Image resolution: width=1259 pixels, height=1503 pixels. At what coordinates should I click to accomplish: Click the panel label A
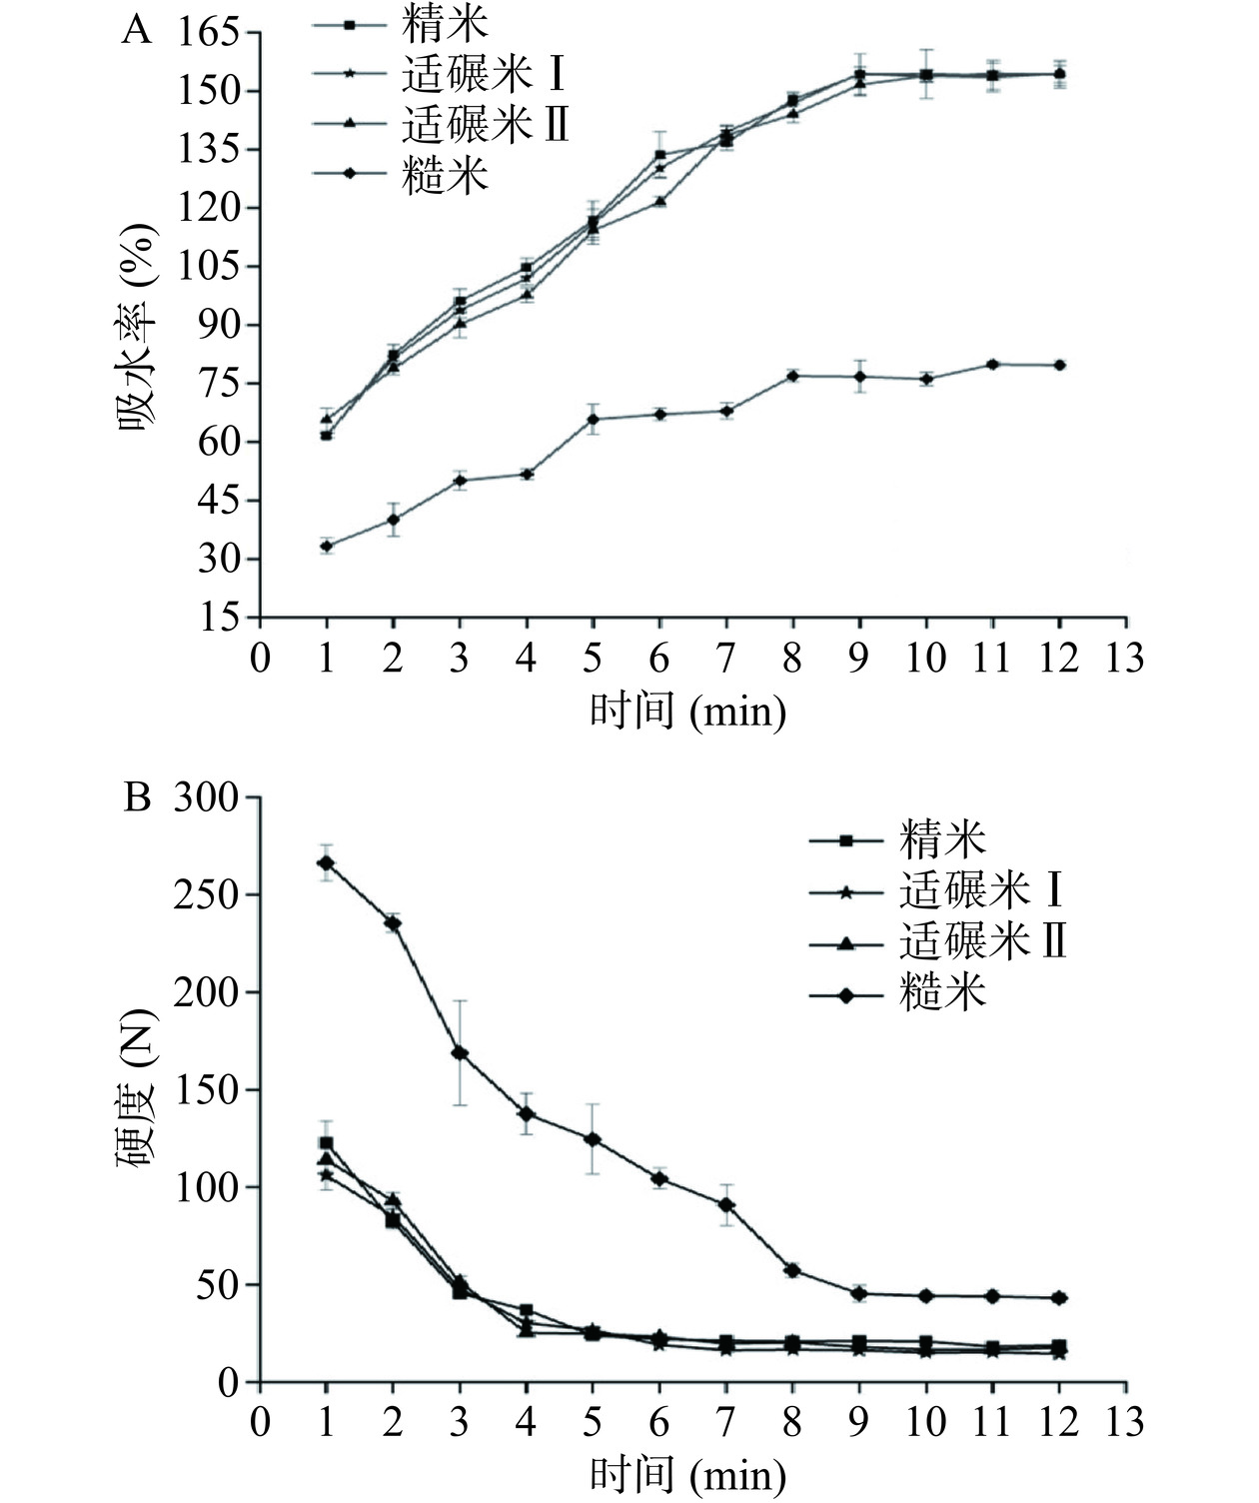point(137,32)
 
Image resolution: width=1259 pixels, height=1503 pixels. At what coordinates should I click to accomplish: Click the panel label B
point(137,798)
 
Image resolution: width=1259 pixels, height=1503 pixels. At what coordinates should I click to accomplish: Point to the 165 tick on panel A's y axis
point(211,33)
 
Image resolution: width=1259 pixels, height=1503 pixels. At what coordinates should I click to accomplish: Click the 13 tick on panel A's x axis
point(1125,660)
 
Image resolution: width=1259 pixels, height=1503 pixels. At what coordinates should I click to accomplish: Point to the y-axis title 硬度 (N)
point(136,1090)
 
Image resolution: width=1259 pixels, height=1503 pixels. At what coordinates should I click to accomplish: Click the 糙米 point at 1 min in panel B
point(326,862)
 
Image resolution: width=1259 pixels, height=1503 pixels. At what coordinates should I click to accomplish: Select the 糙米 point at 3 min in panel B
point(460,1053)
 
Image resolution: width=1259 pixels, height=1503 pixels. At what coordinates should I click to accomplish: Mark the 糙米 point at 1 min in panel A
point(326,546)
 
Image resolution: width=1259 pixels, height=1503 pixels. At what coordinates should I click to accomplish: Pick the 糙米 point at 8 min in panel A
point(792,376)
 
